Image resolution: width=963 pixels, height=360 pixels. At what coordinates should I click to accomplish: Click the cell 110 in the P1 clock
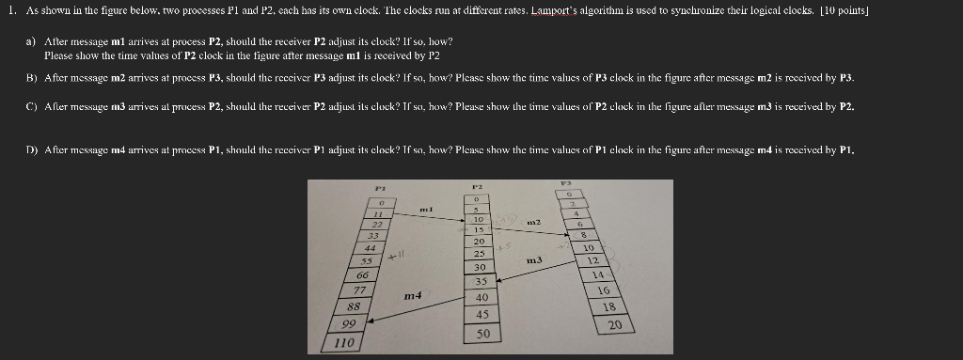(342, 343)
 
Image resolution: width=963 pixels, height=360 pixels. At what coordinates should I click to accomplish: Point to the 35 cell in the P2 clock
(481, 281)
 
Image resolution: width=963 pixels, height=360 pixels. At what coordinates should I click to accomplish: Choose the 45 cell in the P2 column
(482, 315)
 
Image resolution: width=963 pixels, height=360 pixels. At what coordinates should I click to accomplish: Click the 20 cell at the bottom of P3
(615, 325)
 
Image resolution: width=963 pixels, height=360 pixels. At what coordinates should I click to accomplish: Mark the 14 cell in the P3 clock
(598, 274)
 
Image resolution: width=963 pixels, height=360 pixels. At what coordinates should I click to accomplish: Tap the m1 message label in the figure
(425, 208)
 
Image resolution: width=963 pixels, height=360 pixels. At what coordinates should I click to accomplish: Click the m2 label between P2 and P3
(532, 221)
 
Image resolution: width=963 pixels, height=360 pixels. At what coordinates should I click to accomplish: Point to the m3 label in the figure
(535, 259)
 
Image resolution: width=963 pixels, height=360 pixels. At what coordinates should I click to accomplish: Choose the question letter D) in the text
(30, 150)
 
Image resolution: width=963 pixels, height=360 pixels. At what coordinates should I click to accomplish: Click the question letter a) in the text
(31, 43)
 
